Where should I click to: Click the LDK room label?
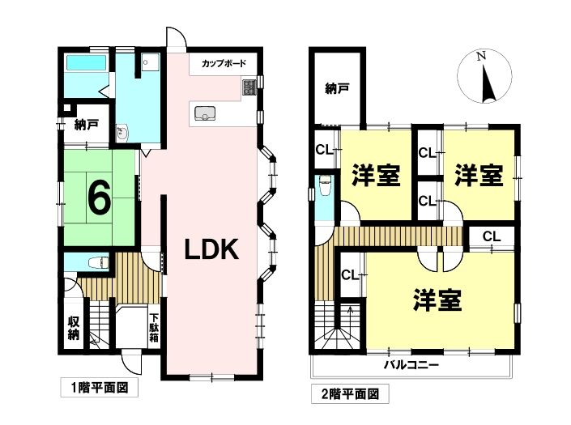tap(211, 249)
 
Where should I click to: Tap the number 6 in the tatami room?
tap(100, 198)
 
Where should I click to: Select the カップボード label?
tap(224, 63)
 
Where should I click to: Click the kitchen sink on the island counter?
tap(206, 113)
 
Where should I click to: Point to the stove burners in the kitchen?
tap(249, 87)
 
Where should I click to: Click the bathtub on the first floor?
tap(86, 63)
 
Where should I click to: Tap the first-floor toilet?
tap(99, 262)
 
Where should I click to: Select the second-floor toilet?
tap(324, 185)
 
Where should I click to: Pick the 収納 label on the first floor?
tap(74, 328)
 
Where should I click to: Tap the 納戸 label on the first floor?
tap(86, 125)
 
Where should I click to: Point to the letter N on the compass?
tap(482, 56)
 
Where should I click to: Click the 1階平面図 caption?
tap(99, 388)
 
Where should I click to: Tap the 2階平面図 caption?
tap(350, 393)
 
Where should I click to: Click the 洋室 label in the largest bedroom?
tap(437, 300)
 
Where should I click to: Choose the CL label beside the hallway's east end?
tap(492, 236)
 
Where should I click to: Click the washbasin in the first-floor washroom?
tap(121, 134)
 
